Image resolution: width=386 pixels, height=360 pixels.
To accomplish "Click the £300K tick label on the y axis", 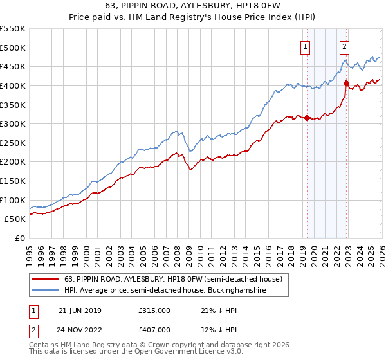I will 12,123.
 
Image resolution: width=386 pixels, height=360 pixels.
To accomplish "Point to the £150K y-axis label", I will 12,181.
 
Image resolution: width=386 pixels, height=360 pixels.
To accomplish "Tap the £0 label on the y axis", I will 19,238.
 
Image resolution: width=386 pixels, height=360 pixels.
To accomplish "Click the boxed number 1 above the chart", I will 304,46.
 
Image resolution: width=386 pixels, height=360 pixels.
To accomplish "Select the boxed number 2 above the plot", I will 345,46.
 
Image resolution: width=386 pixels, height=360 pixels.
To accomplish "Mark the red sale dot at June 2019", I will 307,118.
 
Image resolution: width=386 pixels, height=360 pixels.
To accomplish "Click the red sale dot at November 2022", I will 346,83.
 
